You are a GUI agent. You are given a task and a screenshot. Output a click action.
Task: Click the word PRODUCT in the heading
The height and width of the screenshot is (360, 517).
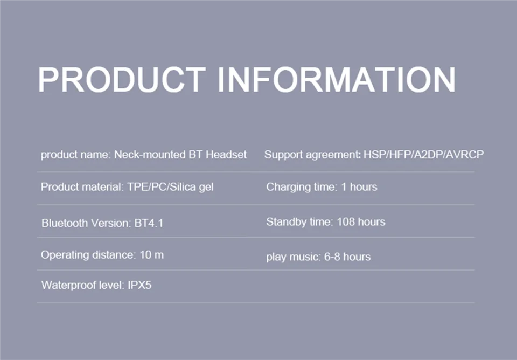(122, 80)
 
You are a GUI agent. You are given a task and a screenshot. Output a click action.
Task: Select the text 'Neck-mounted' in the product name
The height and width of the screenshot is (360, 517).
(150, 155)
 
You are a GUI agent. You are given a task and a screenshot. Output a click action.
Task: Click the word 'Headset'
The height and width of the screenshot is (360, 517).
(226, 155)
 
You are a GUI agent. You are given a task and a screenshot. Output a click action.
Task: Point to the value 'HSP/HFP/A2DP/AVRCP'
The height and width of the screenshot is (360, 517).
(423, 155)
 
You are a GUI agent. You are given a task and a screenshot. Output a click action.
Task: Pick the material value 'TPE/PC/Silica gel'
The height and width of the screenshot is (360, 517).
(171, 187)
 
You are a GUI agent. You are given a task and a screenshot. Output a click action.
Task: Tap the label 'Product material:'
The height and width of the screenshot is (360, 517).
(82, 187)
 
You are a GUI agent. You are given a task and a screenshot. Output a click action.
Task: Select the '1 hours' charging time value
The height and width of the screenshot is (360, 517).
(359, 187)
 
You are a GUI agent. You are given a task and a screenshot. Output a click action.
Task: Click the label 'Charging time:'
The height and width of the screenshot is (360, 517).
(302, 187)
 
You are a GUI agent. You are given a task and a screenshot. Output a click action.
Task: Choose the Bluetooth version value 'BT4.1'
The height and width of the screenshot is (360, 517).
(149, 224)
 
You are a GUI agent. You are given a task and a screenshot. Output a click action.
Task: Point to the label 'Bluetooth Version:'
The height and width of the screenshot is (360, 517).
(86, 224)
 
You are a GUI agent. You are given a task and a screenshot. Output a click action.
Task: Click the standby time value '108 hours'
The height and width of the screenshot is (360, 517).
(361, 221)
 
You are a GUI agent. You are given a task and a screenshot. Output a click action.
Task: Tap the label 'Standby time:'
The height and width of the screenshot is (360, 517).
(300, 222)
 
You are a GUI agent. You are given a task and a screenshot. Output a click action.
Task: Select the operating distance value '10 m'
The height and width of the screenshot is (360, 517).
(152, 255)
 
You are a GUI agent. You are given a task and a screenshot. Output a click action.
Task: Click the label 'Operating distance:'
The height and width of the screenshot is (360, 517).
(88, 255)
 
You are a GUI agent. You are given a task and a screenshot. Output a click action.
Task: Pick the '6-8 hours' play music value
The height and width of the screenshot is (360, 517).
(347, 257)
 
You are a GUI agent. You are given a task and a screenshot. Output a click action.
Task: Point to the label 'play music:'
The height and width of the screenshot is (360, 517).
(294, 257)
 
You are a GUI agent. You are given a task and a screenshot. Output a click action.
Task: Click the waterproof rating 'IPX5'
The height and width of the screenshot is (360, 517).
(139, 285)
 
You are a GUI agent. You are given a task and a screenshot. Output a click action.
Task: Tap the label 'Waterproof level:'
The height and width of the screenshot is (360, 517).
(83, 286)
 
